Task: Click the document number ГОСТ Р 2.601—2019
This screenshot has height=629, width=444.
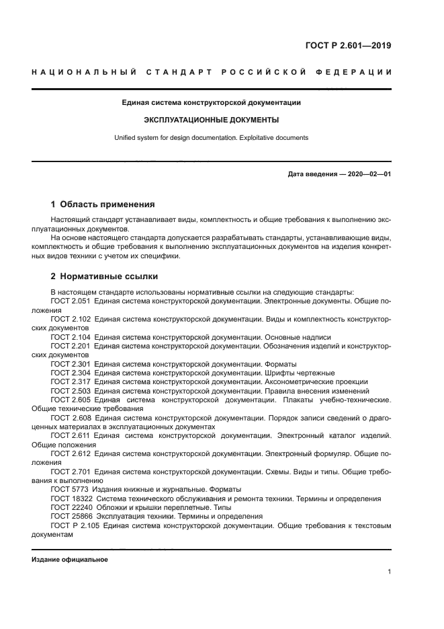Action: (x=348, y=46)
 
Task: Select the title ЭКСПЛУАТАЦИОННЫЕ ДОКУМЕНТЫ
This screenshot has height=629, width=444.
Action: (x=212, y=120)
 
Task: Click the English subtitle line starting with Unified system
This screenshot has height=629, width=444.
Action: (x=212, y=137)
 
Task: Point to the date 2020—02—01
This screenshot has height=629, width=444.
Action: (x=367, y=174)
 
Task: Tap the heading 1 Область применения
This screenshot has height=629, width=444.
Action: (x=103, y=205)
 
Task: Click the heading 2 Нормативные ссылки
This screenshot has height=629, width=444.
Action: (x=104, y=276)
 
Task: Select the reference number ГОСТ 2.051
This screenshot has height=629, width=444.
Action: (x=71, y=302)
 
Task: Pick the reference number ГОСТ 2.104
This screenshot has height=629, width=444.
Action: (x=71, y=337)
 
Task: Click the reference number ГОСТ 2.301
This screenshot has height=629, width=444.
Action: (x=71, y=364)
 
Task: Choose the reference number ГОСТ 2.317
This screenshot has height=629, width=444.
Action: (x=71, y=381)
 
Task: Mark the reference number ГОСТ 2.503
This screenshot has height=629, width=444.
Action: (x=71, y=391)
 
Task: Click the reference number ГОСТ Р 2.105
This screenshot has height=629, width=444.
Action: (x=74, y=525)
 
